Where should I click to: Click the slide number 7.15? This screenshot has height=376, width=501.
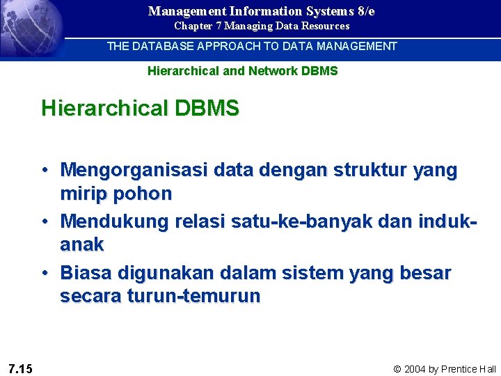click(20, 368)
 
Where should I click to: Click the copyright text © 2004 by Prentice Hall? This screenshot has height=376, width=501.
click(445, 369)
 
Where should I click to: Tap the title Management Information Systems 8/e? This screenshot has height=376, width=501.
click(261, 11)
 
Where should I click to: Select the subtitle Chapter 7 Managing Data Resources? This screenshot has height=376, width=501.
click(262, 26)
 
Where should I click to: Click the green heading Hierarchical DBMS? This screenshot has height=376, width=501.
click(140, 109)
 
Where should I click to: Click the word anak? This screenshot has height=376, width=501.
click(82, 245)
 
